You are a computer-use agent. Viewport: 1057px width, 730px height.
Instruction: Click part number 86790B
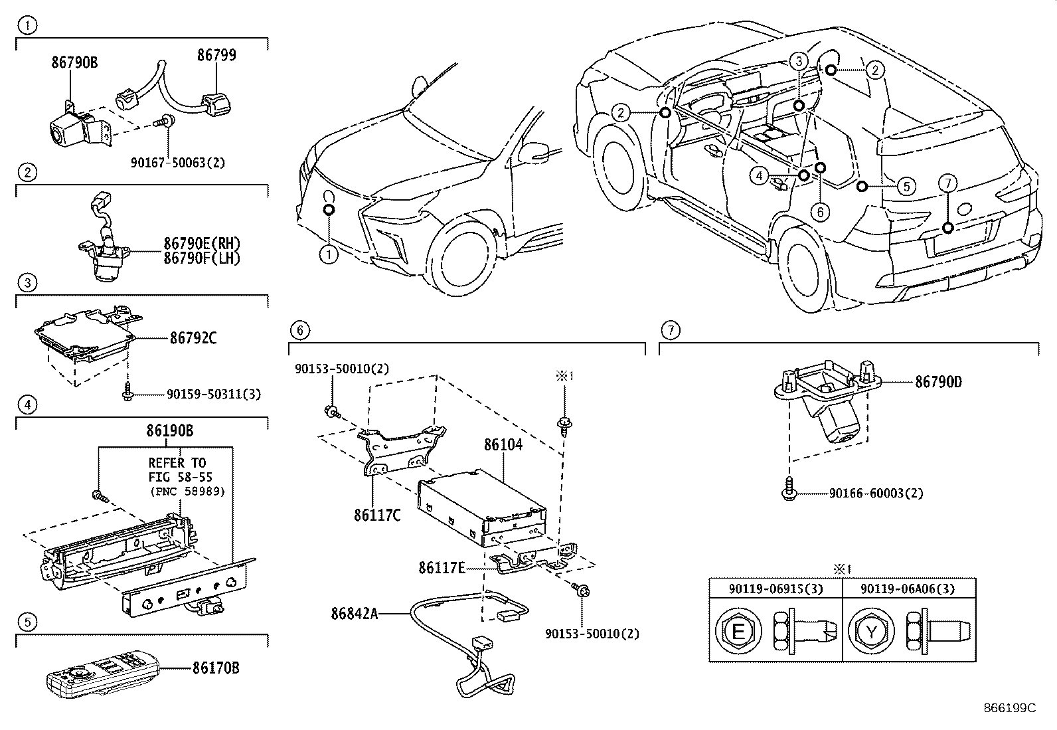point(74,62)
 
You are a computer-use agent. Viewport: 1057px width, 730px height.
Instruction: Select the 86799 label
point(216,54)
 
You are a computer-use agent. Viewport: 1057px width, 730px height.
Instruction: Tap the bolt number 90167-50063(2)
point(178,163)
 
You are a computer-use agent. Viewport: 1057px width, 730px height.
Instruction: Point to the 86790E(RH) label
point(202,244)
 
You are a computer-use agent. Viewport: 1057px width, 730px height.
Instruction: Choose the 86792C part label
point(193,338)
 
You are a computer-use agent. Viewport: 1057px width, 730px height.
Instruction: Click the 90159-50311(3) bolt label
point(214,395)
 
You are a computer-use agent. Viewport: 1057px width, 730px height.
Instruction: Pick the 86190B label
point(169,430)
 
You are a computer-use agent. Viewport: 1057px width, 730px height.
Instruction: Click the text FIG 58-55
point(181,477)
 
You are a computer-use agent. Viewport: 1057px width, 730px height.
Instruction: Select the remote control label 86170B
point(216,668)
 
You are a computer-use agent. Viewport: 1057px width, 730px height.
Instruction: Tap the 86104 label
point(503,445)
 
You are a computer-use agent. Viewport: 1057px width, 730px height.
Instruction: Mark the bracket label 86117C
point(377,515)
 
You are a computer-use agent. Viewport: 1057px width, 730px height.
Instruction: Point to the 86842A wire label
point(355,614)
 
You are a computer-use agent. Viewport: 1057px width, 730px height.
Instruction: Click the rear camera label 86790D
point(938,381)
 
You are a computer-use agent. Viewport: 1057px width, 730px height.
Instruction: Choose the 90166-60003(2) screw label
point(876,494)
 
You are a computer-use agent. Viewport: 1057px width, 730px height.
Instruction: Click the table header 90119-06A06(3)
point(908,589)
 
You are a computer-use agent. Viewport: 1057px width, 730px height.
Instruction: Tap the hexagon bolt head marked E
point(738,631)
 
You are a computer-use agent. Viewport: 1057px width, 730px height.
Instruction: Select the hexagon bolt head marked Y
point(871,631)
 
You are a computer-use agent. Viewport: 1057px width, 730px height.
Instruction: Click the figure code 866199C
point(1009,708)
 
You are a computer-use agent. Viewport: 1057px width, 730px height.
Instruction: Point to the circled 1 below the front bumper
point(329,256)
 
